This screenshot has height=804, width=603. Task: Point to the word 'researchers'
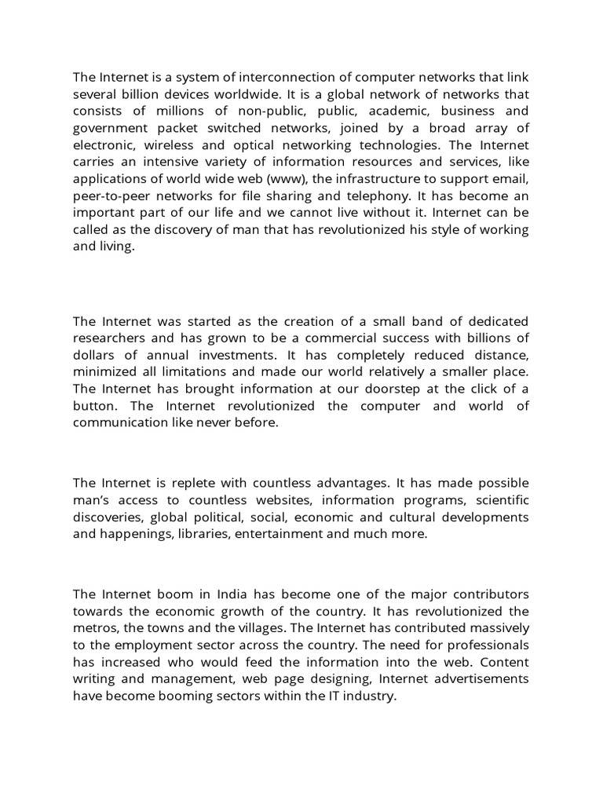click(109, 338)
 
